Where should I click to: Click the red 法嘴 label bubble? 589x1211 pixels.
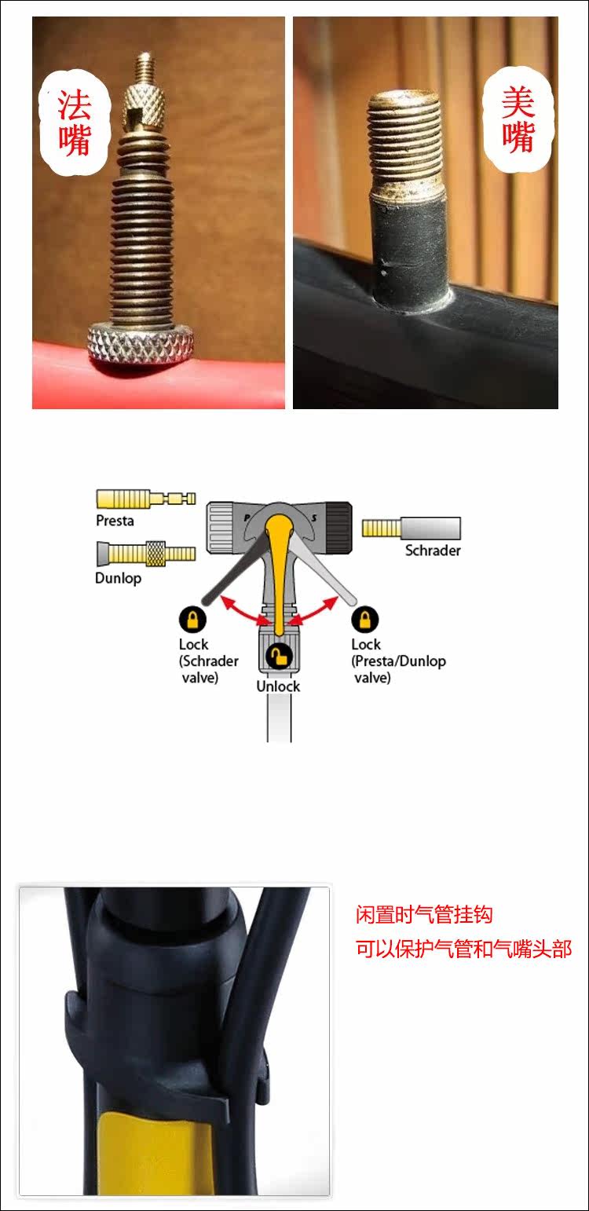[75, 123]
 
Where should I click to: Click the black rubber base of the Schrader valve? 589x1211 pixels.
[409, 246]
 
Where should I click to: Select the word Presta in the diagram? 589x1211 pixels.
[115, 521]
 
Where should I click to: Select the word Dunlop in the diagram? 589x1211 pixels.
[118, 578]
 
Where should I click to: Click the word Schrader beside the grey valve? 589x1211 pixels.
[433, 551]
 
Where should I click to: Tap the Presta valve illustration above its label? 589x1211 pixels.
[145, 499]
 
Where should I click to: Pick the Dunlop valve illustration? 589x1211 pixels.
[145, 553]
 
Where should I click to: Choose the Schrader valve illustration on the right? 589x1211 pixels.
[411, 528]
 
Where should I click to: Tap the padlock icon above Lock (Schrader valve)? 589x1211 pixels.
[192, 620]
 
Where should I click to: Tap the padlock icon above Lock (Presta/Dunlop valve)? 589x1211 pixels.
[365, 620]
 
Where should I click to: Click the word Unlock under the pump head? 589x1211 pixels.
[278, 686]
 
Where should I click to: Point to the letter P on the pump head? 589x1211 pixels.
[247, 518]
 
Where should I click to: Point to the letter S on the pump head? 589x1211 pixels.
[314, 518]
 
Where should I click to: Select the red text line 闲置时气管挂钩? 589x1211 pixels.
[424, 914]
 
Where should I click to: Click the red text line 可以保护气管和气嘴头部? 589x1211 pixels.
[463, 949]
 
